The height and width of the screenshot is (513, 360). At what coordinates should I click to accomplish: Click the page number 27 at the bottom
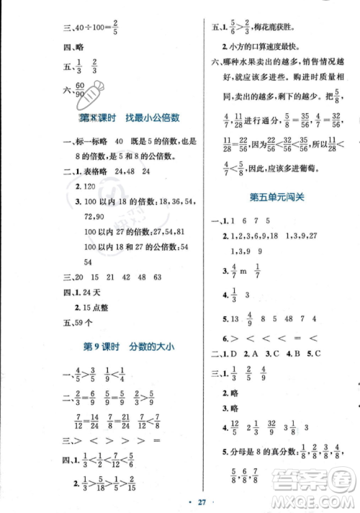(x=181, y=502)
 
